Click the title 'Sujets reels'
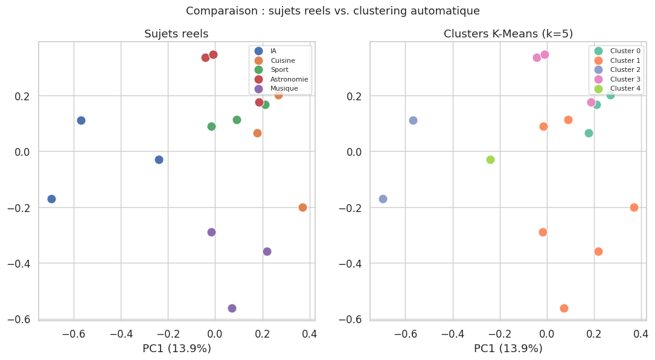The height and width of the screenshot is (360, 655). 176,34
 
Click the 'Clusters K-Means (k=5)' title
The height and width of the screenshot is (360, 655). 508,34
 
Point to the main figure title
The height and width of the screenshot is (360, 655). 333,11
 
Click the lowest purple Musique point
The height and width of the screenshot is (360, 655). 232,308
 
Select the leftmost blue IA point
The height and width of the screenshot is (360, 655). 51,199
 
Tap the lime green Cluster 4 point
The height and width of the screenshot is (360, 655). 490,159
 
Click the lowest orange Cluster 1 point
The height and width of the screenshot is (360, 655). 564,308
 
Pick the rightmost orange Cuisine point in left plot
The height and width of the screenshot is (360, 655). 302,207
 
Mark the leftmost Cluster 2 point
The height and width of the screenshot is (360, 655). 383,199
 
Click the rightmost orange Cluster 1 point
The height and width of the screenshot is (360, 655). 634,207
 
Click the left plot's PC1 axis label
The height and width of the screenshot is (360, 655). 176,349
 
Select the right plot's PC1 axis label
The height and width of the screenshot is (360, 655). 508,349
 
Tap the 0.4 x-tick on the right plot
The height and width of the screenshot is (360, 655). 641,333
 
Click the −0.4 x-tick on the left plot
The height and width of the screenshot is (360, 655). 121,333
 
